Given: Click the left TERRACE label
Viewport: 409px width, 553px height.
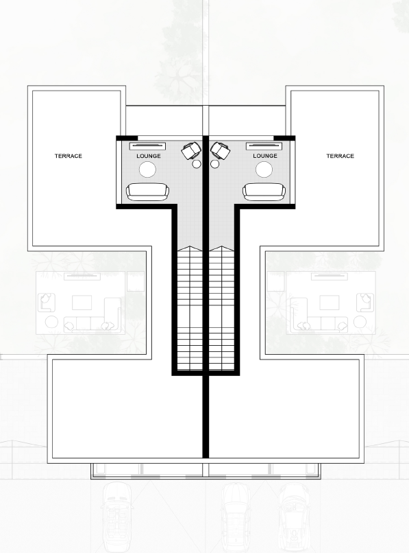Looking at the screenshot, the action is click(x=69, y=156).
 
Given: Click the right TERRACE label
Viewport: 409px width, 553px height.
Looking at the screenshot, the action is click(x=340, y=156).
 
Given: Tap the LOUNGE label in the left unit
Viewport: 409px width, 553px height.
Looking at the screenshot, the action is click(x=149, y=156).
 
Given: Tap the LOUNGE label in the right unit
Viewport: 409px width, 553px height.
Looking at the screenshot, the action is click(x=265, y=156).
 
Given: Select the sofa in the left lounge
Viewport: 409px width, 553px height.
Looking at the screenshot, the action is click(x=147, y=192).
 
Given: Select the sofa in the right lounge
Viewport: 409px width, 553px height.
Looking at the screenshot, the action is click(x=264, y=192).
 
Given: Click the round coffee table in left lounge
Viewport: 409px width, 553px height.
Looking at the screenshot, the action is click(x=147, y=170).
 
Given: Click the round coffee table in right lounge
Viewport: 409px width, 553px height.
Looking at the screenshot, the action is click(x=264, y=170).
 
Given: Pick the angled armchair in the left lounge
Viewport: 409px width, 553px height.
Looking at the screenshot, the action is click(x=191, y=150).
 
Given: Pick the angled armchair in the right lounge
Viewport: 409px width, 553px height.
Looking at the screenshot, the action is click(x=221, y=150).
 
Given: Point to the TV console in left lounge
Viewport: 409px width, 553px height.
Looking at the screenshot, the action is click(x=147, y=145).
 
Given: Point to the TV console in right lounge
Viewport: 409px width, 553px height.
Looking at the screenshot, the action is click(x=264, y=145).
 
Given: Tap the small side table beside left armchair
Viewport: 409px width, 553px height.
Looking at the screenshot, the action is click(x=197, y=164).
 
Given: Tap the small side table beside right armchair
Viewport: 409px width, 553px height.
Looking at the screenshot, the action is click(x=214, y=164).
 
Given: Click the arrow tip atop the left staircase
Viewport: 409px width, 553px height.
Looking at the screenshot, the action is click(x=190, y=246).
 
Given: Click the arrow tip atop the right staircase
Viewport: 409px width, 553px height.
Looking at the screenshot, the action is click(x=221, y=246).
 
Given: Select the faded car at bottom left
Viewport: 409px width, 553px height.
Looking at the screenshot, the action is click(x=117, y=518).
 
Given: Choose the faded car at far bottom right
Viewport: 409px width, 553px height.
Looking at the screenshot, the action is click(x=295, y=518).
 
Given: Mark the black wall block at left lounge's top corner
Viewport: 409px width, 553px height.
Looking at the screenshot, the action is click(x=127, y=138).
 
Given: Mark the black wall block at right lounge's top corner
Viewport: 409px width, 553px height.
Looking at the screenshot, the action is click(x=284, y=138).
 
